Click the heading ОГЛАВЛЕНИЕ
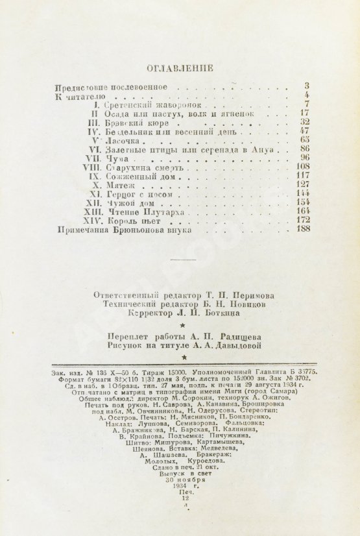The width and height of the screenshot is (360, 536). (x=180, y=67)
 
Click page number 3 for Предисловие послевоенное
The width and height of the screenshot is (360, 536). (x=306, y=86)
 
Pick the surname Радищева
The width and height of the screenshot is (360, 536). (x=239, y=335)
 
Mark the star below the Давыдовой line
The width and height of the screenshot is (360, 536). (x=185, y=357)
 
